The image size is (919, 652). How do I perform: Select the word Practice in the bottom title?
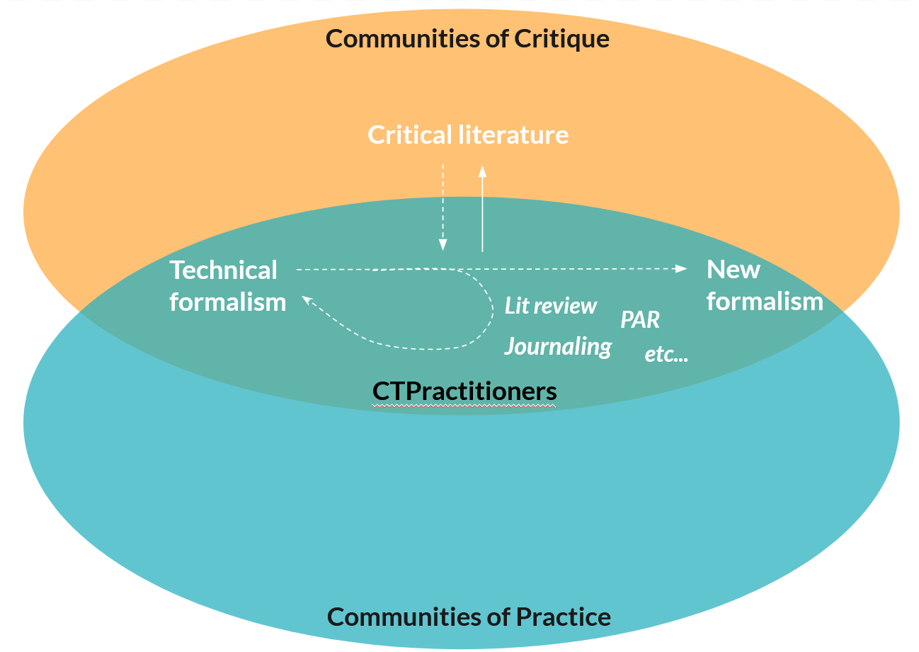[563, 617]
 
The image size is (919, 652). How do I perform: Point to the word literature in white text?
[515, 135]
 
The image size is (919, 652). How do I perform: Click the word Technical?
[224, 270]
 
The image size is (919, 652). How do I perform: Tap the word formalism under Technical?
[228, 302]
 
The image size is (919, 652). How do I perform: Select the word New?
[734, 269]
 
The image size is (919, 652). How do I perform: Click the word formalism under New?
[765, 302]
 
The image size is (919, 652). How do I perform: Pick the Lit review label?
[551, 306]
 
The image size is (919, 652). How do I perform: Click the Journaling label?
[558, 346]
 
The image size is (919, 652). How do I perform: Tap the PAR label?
[640, 320]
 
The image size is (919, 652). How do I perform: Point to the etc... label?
[666, 354]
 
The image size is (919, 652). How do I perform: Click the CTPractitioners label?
[464, 391]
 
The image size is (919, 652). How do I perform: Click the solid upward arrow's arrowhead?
[482, 170]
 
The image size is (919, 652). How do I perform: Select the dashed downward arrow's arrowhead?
[443, 246]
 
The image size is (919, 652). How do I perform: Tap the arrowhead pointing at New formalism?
[682, 268]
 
